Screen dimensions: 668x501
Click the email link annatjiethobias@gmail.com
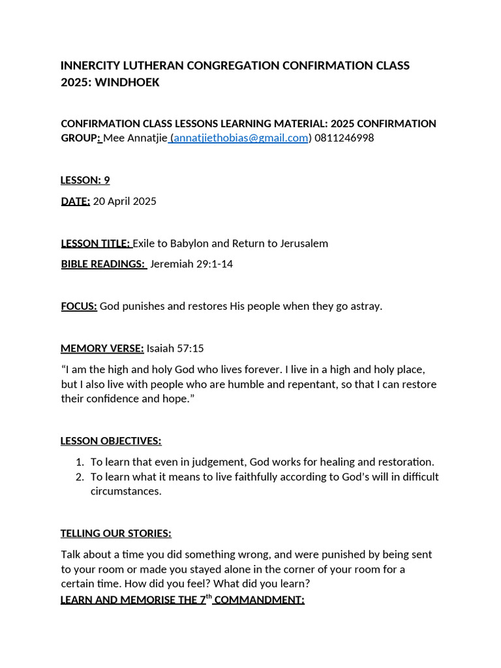[x=241, y=138]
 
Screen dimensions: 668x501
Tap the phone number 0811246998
[x=344, y=138]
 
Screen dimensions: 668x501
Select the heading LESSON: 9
[x=85, y=180]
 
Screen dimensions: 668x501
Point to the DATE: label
[x=75, y=201]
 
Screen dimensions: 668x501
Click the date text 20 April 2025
[x=125, y=201]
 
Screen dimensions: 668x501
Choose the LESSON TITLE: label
[x=95, y=243]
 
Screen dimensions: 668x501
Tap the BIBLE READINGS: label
[x=103, y=264]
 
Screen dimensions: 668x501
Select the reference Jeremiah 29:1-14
[x=191, y=264]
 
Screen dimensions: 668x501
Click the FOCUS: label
[x=79, y=306]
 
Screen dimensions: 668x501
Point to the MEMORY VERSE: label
[x=102, y=348]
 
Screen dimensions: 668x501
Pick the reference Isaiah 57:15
[x=175, y=348]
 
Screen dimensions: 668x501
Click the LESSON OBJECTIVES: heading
[x=111, y=441]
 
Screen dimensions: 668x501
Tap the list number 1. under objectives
[x=80, y=462]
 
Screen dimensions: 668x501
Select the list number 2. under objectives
[x=80, y=477]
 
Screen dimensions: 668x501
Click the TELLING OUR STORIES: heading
[x=116, y=534]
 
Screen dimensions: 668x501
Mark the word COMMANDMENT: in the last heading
[x=259, y=600]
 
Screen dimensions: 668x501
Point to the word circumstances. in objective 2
[x=126, y=491]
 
